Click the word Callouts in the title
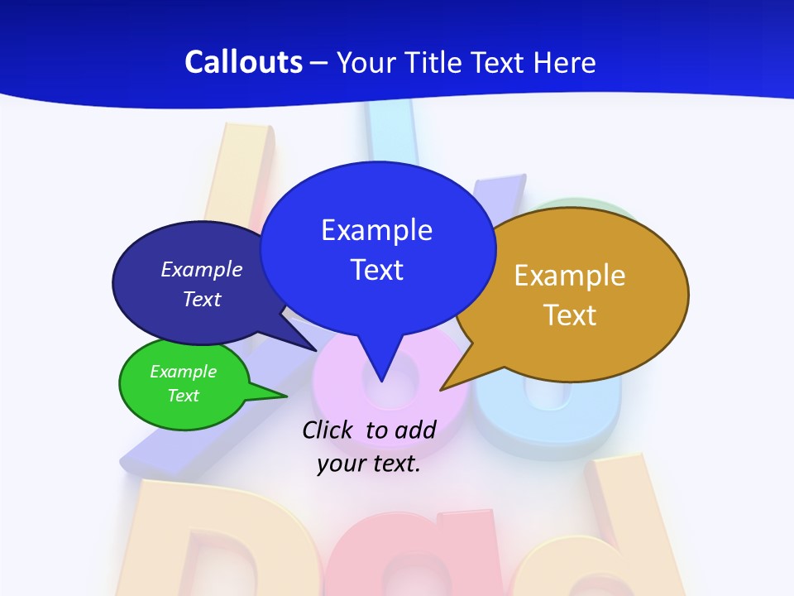coord(243,62)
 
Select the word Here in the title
coord(565,62)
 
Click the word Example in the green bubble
coord(183,372)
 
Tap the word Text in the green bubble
coord(183,396)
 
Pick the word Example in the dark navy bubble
coord(202,270)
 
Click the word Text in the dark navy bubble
coord(202,299)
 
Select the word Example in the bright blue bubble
coord(376,230)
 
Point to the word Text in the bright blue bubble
coord(376,270)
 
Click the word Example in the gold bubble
coord(570,276)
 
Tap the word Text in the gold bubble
coord(570,315)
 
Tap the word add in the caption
coord(414,430)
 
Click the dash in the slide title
coord(319,63)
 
